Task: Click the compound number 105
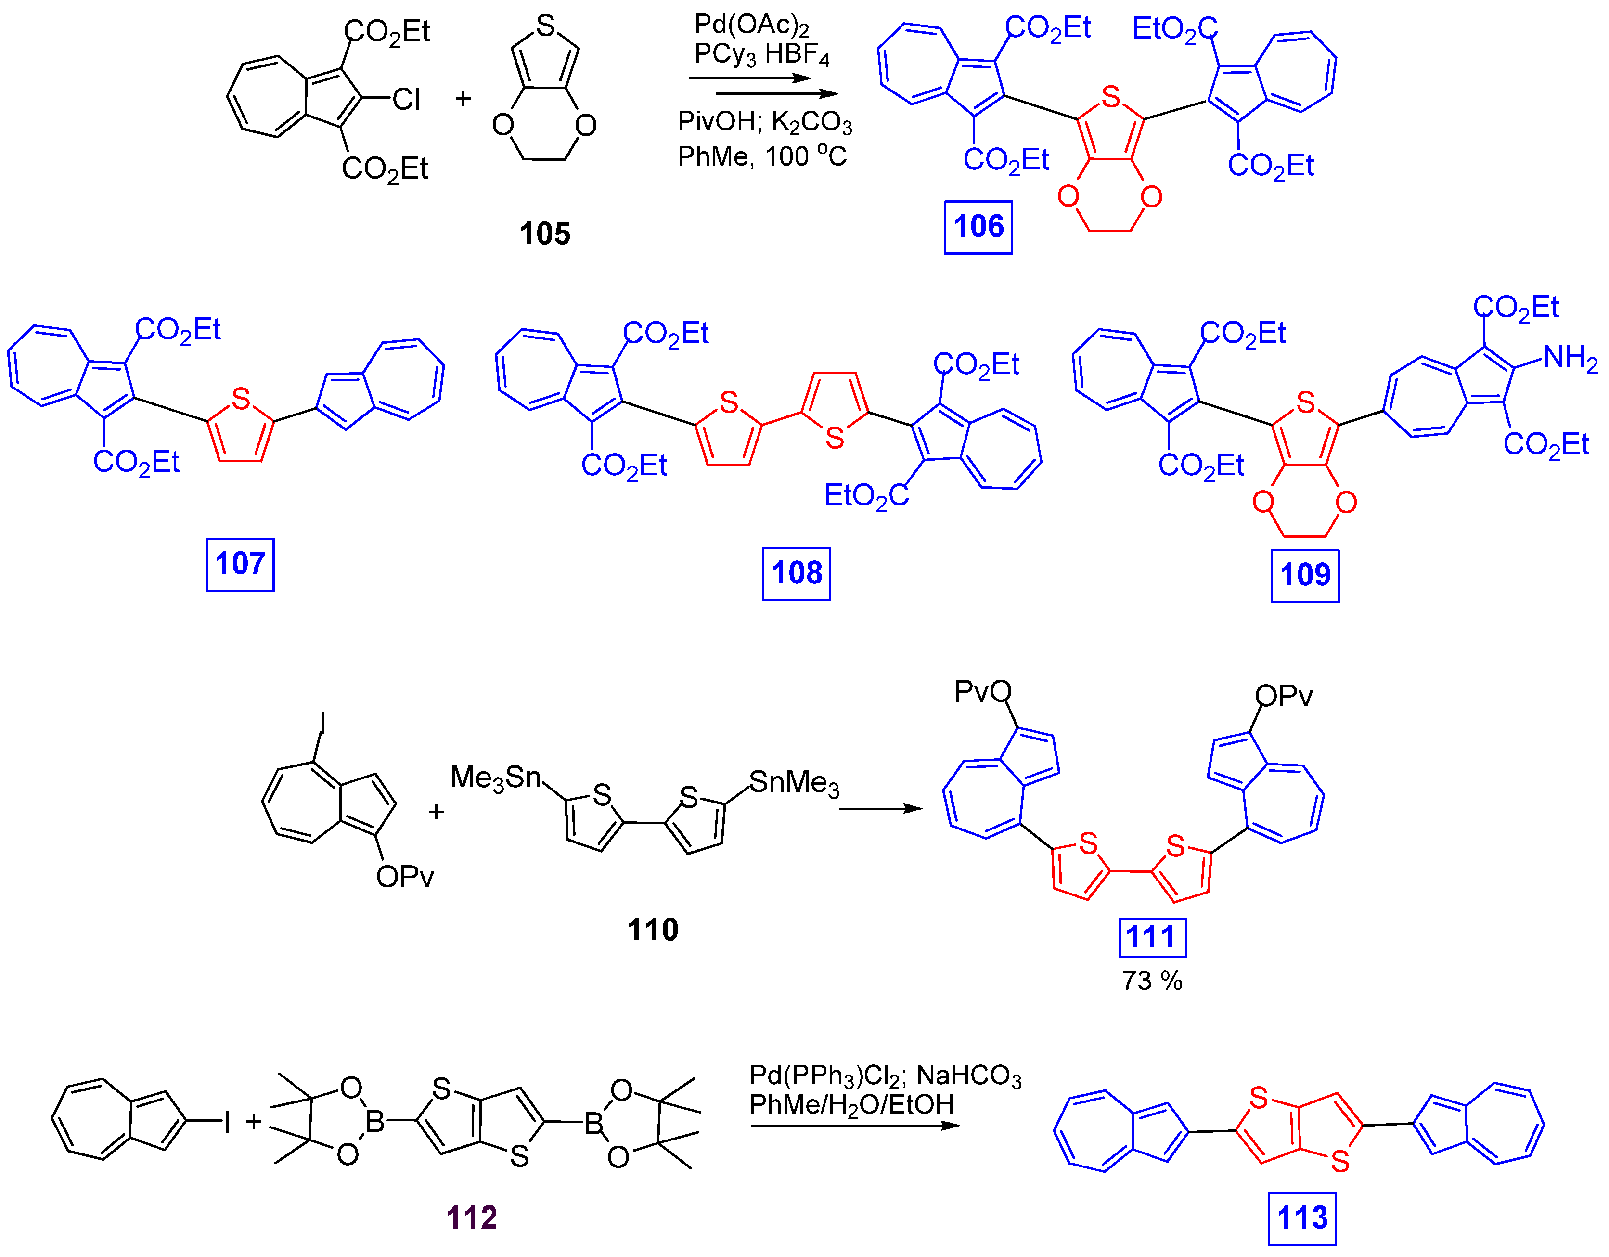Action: [544, 233]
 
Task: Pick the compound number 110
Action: [652, 930]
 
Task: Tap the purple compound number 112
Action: [472, 1217]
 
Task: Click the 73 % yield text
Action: [1151, 981]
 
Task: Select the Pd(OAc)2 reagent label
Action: [751, 26]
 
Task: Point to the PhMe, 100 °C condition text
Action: [762, 156]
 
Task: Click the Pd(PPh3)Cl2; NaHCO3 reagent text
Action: [885, 1076]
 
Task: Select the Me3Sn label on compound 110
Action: [495, 778]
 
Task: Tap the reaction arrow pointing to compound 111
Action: [880, 808]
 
